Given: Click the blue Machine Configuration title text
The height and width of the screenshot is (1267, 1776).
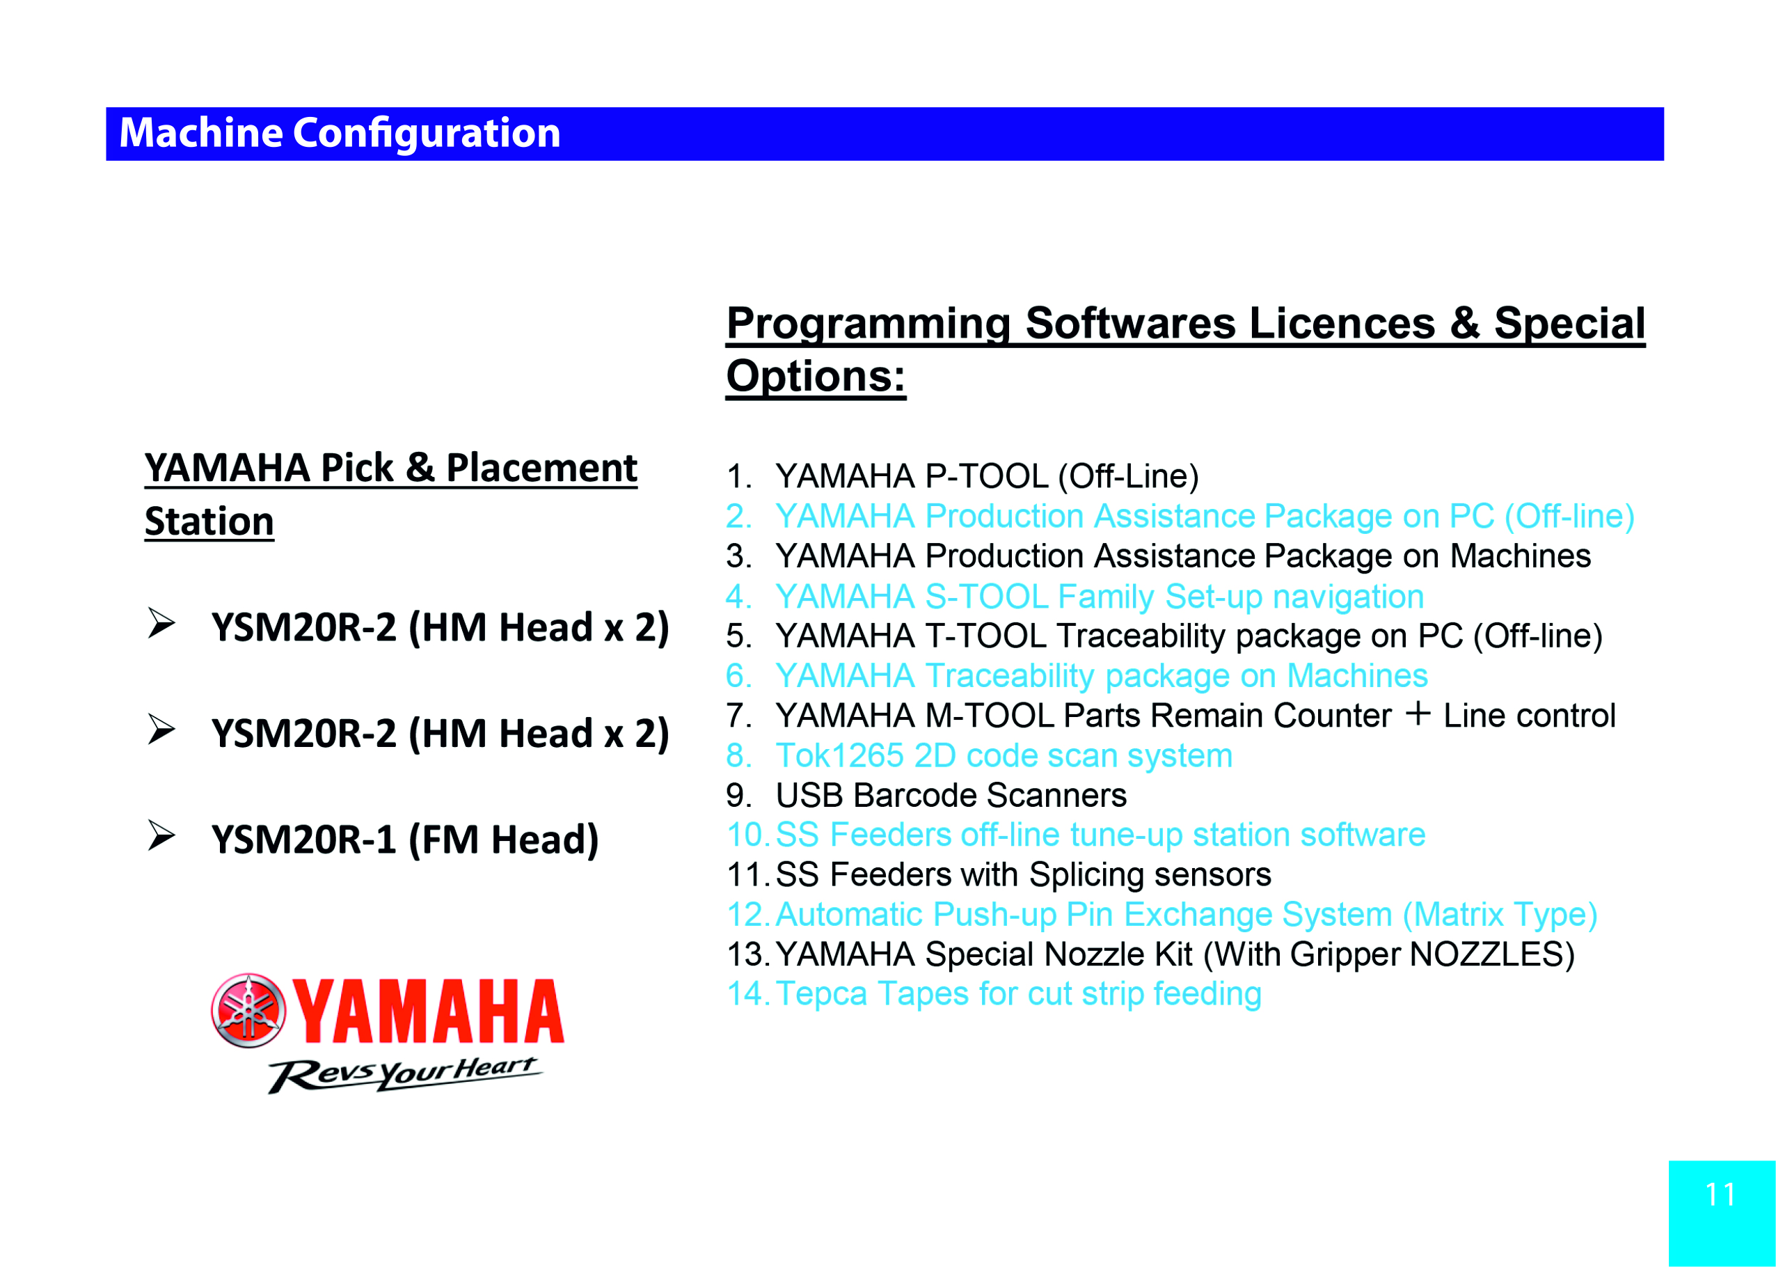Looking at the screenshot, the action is tap(340, 134).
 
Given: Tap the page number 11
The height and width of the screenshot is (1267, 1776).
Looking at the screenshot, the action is tap(1720, 1195).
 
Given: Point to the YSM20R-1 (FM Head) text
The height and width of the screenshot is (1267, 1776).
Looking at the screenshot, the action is tap(405, 840).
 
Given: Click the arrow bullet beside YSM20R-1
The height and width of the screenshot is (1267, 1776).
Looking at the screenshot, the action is tap(161, 835).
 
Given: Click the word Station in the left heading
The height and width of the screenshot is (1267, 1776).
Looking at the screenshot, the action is tap(209, 521).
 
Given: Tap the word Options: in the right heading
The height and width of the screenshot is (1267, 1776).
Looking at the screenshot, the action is tap(816, 376).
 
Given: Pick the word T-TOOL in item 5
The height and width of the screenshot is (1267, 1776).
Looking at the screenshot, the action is tap(986, 636).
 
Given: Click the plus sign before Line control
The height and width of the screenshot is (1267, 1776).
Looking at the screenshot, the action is tap(1418, 713).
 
